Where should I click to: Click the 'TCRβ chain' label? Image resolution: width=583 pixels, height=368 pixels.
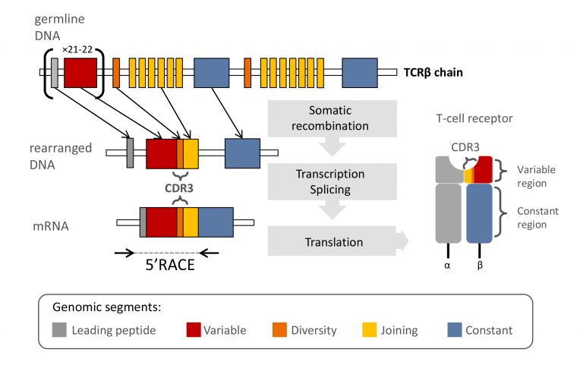point(433,74)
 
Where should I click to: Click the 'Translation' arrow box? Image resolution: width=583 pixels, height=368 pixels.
point(332,242)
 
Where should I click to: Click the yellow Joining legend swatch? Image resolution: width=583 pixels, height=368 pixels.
point(369,330)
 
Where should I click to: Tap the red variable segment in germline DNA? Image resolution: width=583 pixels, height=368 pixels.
point(80,73)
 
